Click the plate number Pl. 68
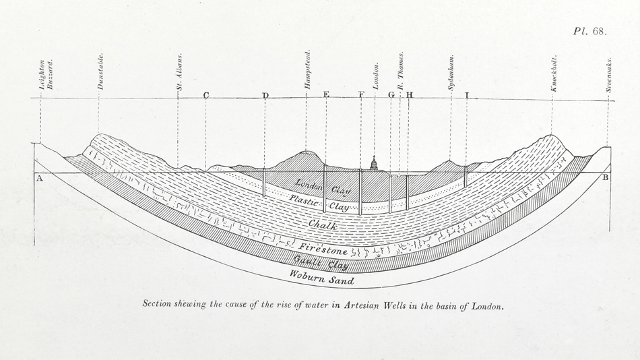click(591, 31)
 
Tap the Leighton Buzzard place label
click(46, 74)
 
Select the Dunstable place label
click(101, 71)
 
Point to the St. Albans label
click(179, 77)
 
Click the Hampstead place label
click(307, 70)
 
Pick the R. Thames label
click(400, 70)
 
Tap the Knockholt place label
click(554, 73)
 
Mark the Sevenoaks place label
click(608, 73)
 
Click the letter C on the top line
click(205, 96)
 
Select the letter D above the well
click(265, 96)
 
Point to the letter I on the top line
click(466, 96)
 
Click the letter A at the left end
click(40, 179)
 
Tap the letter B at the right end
click(605, 178)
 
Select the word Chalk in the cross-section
click(323, 225)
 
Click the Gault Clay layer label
click(320, 262)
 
